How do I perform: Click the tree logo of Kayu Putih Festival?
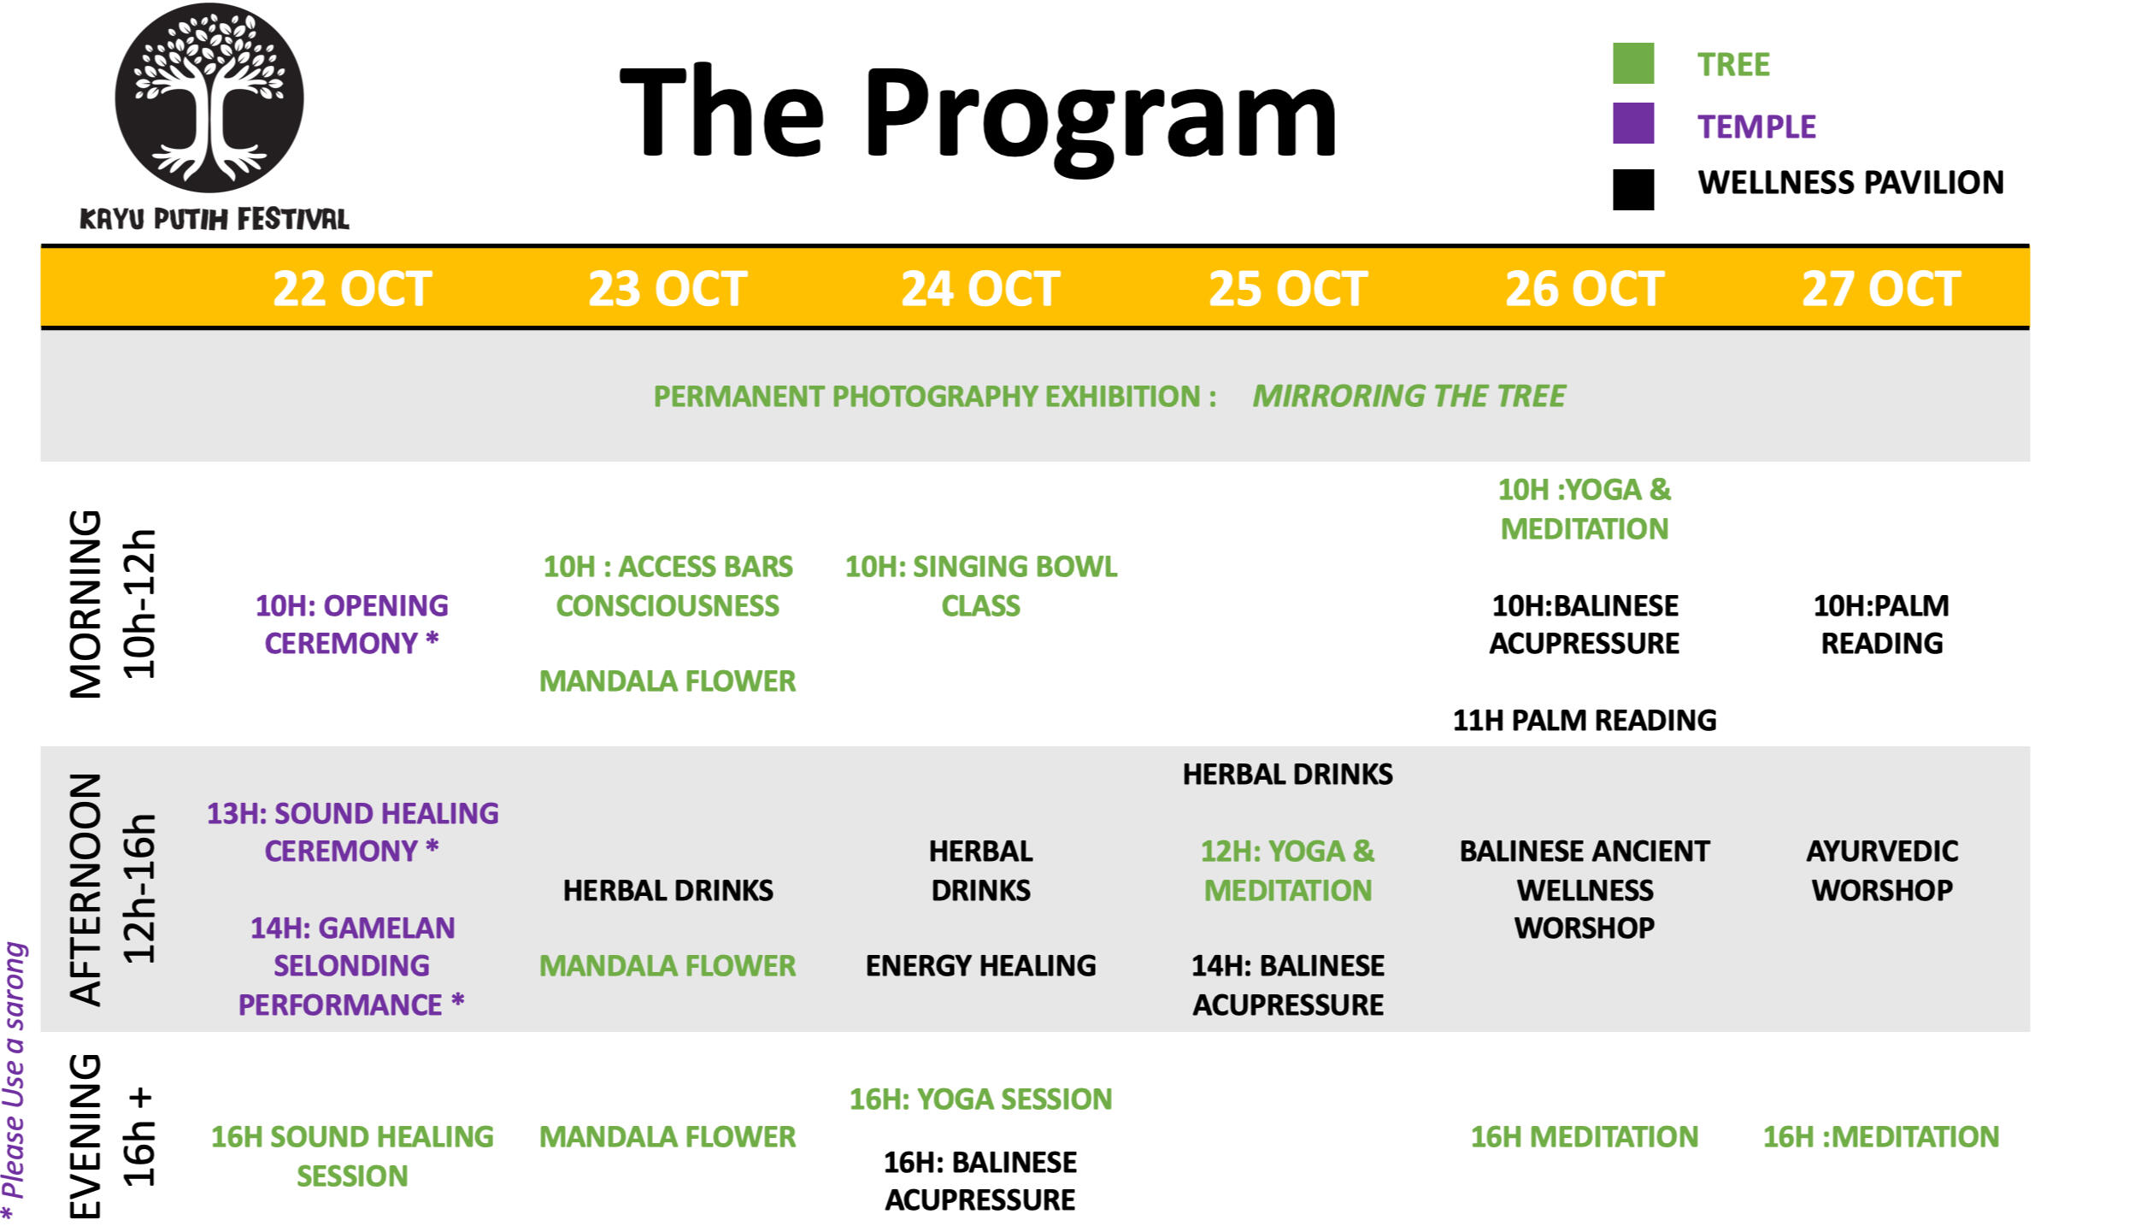tap(209, 97)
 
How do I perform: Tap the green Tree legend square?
tap(1632, 64)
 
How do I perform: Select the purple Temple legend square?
tap(1632, 123)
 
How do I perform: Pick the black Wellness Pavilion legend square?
tap(1632, 189)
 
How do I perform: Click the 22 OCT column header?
tap(352, 289)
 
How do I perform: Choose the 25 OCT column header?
tap(1288, 289)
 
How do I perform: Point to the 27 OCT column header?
tap(1881, 289)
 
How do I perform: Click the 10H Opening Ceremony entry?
tap(351, 624)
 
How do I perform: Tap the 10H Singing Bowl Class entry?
tap(981, 586)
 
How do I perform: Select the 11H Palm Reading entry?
tap(1585, 721)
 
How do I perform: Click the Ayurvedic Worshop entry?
tap(1882, 870)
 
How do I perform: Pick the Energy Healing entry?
tap(981, 966)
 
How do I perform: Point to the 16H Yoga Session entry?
tap(981, 1099)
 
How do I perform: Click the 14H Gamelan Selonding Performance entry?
tap(351, 966)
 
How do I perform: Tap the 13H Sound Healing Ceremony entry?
tap(352, 832)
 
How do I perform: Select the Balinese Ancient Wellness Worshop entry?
tap(1585, 889)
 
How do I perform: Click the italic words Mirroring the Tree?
tap(1409, 397)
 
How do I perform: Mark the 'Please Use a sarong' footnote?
tap(15, 1082)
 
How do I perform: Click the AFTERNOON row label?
tap(86, 889)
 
